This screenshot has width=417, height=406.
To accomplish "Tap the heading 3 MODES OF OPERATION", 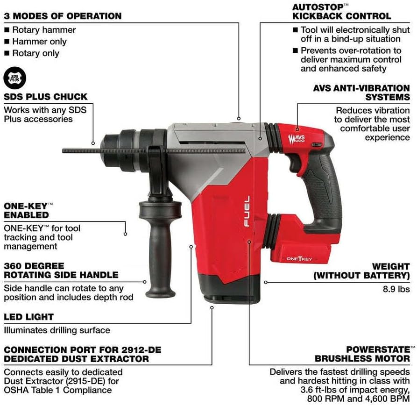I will [x=63, y=16].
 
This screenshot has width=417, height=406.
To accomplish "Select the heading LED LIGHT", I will [x=28, y=317].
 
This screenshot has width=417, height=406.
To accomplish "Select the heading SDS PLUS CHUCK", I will [x=46, y=97].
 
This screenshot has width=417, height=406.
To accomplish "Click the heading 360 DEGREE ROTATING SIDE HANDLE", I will [x=61, y=270].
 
